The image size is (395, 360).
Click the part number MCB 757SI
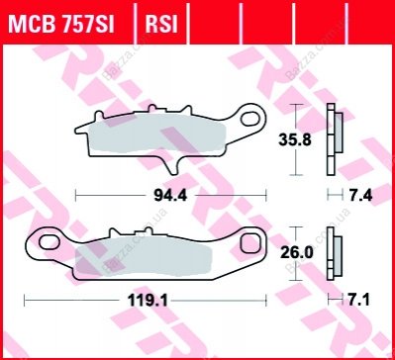pyautogui.click(x=61, y=25)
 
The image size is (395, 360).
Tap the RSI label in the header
pyautogui.click(x=161, y=25)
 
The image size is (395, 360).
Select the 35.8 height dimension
pyautogui.click(x=295, y=140)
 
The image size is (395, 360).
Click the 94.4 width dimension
pyautogui.click(x=170, y=196)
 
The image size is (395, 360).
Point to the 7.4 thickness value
pyautogui.click(x=360, y=196)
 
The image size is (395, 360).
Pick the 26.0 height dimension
pyautogui.click(x=296, y=253)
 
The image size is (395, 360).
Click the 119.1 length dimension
pyautogui.click(x=148, y=301)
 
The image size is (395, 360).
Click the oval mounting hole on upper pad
pyautogui.click(x=250, y=119)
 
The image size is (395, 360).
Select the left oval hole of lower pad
pyautogui.click(x=49, y=242)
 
